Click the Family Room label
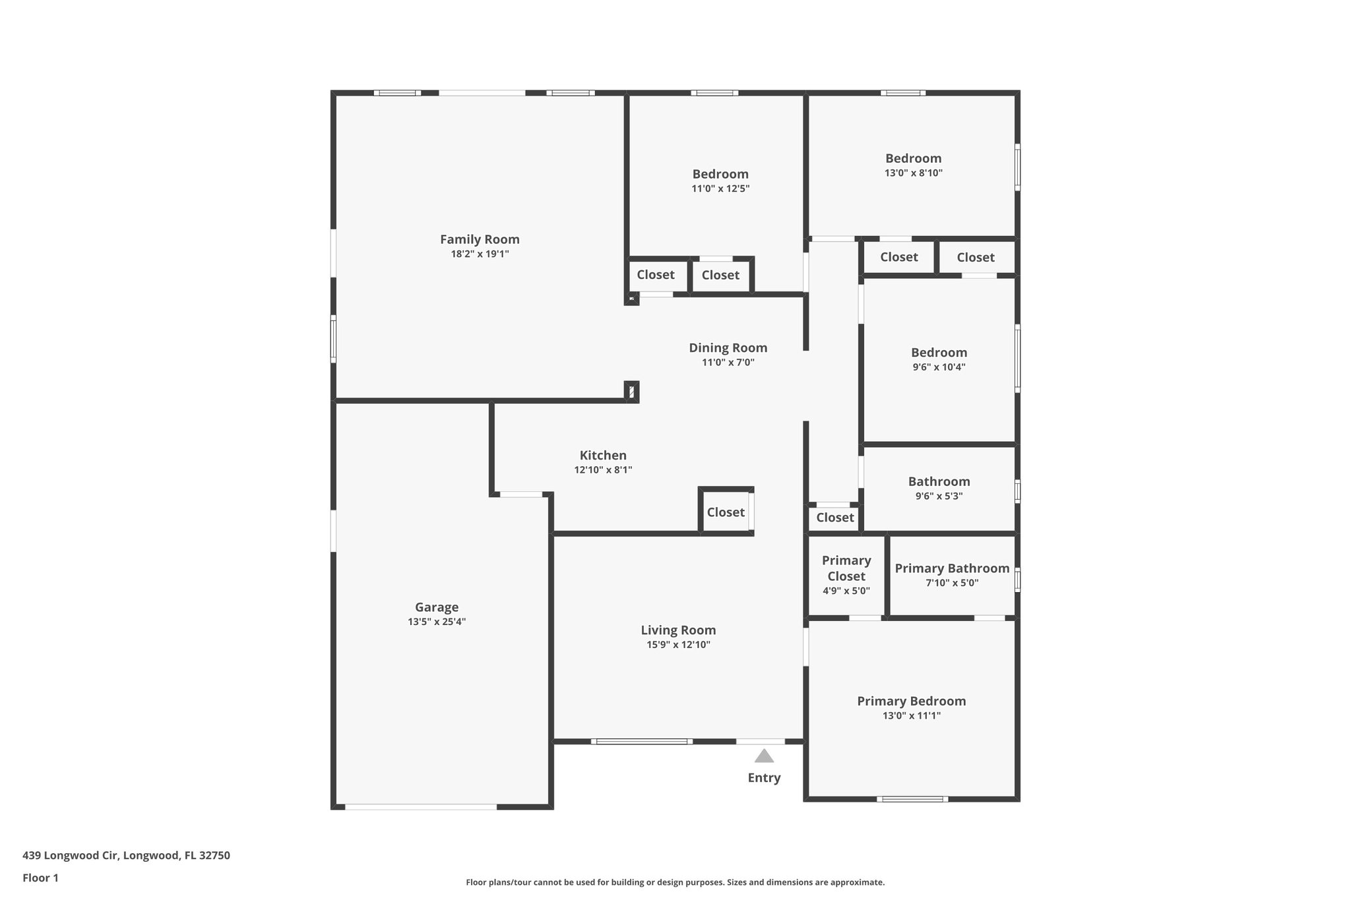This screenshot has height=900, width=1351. pos(480,239)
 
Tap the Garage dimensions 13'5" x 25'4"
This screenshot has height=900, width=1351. pos(437,622)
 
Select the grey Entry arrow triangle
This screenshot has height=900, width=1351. pos(764,756)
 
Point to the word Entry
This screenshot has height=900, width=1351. pos(764,778)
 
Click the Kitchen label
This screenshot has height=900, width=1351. pos(603,455)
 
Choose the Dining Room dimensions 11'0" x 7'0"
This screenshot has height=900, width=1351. pos(728,363)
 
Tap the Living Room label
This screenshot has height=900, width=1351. pos(678,630)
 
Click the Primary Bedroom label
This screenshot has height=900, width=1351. pos(911,701)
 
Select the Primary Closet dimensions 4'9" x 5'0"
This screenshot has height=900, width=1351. pos(846,591)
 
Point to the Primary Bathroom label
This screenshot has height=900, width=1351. pos(952,568)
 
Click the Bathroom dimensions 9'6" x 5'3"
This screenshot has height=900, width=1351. pos(939,496)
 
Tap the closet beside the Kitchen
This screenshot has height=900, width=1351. pos(726,512)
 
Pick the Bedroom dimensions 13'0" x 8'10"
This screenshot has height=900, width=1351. pos(913,173)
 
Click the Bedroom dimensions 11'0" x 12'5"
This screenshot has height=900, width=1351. pos(720,189)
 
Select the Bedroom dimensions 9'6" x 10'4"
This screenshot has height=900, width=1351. pos(939,367)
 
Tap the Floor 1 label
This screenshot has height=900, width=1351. pos(40,878)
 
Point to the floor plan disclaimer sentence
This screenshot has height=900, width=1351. pos(675,882)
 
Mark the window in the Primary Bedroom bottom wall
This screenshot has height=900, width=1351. pos(912,799)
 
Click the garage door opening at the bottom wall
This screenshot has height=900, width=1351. pos(421,806)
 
